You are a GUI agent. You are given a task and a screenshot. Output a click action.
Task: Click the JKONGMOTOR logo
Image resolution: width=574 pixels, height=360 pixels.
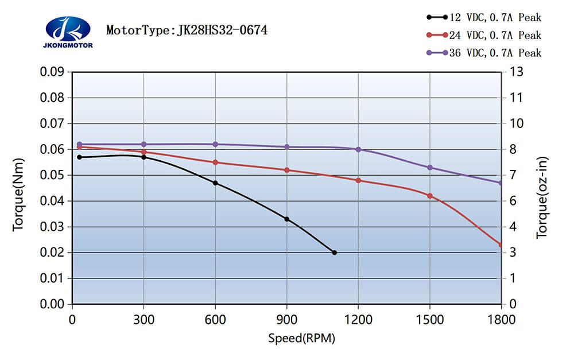pyautogui.click(x=68, y=32)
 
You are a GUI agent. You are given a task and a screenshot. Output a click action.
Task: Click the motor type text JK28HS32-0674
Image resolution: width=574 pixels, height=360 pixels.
pyautogui.click(x=187, y=29)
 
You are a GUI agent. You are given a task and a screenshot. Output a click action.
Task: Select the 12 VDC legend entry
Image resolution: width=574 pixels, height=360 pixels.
pyautogui.click(x=484, y=18)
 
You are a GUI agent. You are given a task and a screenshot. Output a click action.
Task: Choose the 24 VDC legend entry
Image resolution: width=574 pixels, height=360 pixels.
pyautogui.click(x=484, y=36)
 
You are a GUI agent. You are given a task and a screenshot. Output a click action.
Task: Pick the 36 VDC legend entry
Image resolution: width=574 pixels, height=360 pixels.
pyautogui.click(x=484, y=53)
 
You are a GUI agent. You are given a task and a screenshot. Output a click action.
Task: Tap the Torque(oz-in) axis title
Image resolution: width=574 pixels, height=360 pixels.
pyautogui.click(x=542, y=197)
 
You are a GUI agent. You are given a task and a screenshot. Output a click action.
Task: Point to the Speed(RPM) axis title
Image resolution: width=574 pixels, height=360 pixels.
pyautogui.click(x=301, y=338)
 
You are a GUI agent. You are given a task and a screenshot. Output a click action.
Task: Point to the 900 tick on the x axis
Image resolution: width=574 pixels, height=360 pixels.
pyautogui.click(x=287, y=319)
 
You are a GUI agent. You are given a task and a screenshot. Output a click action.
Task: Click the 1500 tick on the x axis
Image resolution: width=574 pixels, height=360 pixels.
pyautogui.click(x=430, y=319)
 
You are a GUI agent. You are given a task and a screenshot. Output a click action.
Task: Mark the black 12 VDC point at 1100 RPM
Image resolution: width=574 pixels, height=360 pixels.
pyautogui.click(x=335, y=253)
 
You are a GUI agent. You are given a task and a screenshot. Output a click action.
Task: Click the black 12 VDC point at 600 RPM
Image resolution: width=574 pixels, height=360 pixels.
pyautogui.click(x=215, y=183)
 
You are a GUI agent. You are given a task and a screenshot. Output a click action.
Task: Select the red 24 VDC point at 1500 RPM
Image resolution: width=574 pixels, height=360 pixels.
pyautogui.click(x=430, y=196)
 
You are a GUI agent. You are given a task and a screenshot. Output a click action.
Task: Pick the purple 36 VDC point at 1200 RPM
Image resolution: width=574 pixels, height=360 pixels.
pyautogui.click(x=358, y=149)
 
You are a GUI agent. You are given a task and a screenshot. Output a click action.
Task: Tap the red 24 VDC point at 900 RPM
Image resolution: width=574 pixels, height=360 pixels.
pyautogui.click(x=287, y=170)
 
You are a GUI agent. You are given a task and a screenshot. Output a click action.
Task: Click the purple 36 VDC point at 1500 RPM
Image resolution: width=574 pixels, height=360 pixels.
pyautogui.click(x=430, y=168)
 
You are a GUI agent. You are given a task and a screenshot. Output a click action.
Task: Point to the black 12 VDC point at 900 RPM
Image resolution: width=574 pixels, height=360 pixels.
pyautogui.click(x=287, y=219)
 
